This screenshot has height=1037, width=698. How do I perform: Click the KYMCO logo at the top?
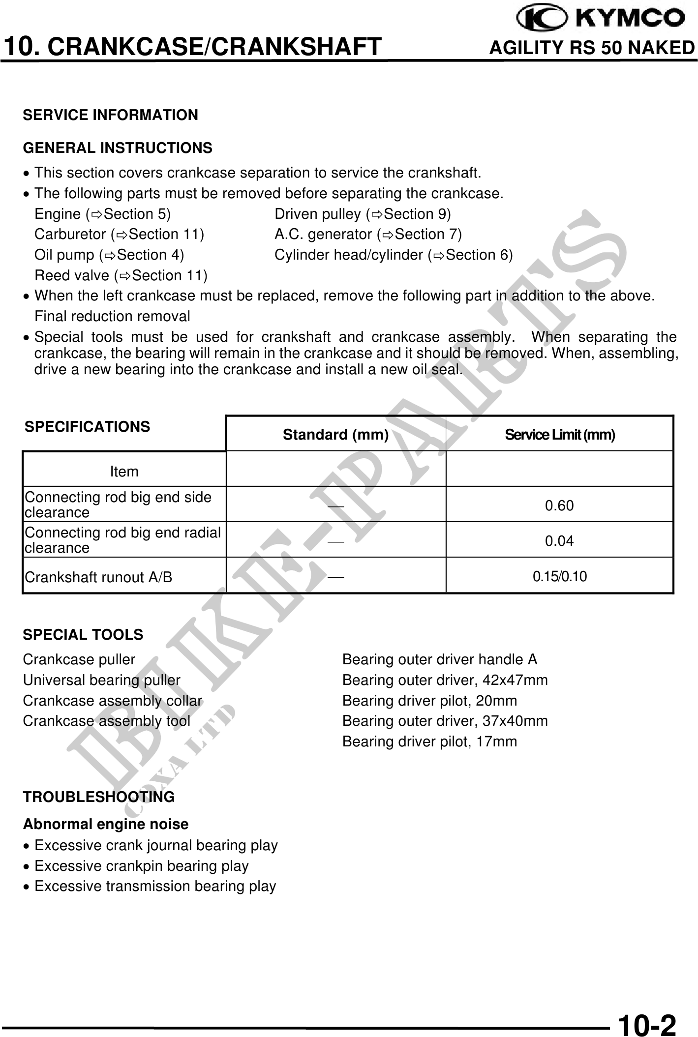coord(601,18)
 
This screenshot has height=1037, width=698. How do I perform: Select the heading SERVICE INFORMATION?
coord(110,115)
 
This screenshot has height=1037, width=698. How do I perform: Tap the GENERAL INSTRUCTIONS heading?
coord(118,148)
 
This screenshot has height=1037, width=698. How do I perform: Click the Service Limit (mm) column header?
coord(560,435)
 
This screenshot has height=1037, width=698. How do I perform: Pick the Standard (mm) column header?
coord(335,435)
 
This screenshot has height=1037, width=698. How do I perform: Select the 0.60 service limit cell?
coord(559,505)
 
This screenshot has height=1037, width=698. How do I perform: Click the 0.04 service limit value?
coord(559,541)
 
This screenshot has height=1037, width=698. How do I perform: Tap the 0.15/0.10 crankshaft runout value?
coord(560,576)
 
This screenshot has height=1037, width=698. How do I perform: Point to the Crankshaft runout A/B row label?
coord(98,577)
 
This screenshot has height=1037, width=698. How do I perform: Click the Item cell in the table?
coord(124,472)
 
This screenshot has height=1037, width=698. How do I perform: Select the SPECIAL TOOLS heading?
coord(83,635)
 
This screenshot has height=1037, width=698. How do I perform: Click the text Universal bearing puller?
coord(101,680)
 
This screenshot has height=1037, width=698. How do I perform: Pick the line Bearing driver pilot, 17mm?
coord(429,741)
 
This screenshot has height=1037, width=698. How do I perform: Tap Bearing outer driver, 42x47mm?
coord(445,680)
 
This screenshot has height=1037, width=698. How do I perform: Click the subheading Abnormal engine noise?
coord(106,824)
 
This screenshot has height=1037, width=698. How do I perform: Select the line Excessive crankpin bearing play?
coord(141,865)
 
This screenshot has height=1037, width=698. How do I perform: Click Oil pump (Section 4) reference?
coord(109,255)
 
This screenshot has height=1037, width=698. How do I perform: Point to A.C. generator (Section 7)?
coord(368,234)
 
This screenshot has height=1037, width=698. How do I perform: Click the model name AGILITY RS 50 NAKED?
coord(592,48)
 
